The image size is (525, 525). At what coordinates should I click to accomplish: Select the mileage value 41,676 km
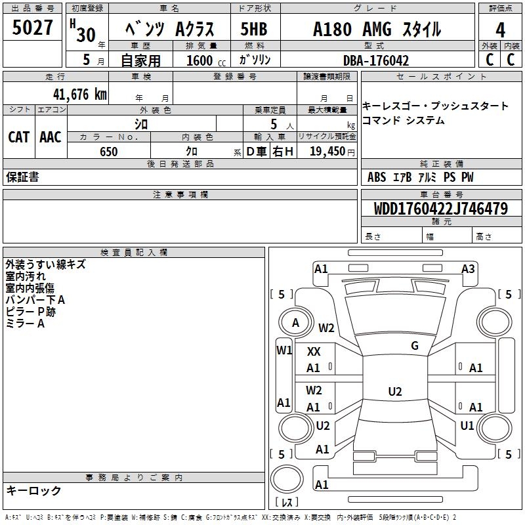pos(79,94)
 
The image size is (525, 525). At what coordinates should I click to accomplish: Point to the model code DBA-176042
pos(385,60)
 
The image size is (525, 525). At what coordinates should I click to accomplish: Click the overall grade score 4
pos(500,30)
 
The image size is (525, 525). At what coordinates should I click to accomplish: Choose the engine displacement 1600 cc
pos(201,60)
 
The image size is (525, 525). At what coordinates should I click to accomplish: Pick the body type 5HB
pos(253,30)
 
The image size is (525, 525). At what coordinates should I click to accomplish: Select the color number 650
pos(109,152)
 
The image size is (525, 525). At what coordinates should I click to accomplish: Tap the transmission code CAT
pos(18,137)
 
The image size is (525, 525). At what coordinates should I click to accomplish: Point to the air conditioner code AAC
pos(50,137)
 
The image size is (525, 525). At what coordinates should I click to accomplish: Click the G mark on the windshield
pos(414,346)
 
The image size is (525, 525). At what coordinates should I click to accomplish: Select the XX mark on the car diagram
pos(314,352)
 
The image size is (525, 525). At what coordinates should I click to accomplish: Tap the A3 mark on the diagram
pos(468,268)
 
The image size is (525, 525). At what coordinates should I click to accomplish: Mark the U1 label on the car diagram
pos(467,426)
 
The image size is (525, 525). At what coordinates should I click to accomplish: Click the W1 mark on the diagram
pos(283,350)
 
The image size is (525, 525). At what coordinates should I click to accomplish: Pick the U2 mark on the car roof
pos(394,392)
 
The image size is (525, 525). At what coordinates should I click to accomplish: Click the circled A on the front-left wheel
pos(295,323)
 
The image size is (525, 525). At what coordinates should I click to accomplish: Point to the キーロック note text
pos(33,490)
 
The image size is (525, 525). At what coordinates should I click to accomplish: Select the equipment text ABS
pos(377,177)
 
